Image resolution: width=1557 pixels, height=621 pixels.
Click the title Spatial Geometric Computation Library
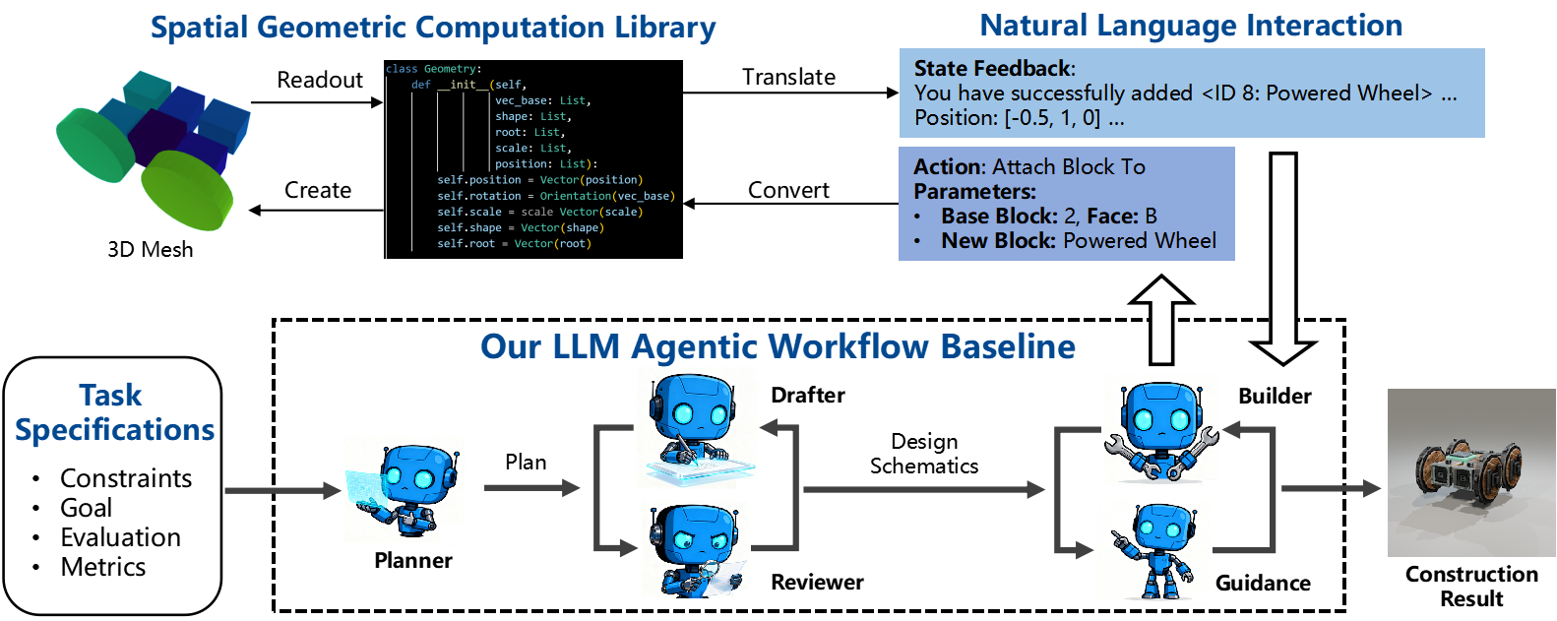(433, 28)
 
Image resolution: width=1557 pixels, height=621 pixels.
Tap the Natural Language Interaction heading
(1191, 26)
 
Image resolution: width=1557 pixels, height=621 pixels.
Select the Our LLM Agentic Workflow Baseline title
(778, 346)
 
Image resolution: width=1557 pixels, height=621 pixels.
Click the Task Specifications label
(114, 412)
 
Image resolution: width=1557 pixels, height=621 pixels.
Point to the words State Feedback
(992, 69)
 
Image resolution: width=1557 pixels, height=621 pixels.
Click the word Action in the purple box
(948, 167)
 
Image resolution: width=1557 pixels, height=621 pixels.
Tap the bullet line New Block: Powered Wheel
(1078, 241)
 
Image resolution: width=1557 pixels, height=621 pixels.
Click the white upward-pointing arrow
(1161, 320)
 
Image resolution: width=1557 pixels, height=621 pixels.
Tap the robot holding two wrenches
(1161, 429)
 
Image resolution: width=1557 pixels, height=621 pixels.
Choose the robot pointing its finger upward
(1153, 550)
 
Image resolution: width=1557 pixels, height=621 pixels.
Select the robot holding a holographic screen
(404, 490)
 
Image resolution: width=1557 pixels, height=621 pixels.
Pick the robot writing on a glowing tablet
(697, 428)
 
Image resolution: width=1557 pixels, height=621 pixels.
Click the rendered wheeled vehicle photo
(1471, 472)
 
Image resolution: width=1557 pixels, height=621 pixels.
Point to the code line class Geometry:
(433, 69)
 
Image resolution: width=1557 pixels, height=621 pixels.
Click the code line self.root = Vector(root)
(514, 244)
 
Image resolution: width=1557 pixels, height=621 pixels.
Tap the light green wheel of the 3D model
(187, 190)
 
